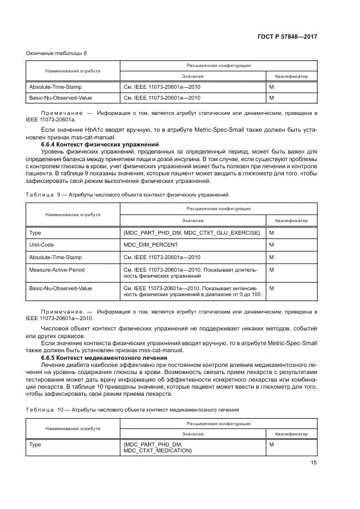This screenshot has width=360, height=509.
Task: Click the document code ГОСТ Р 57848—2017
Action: pyautogui.click(x=288, y=36)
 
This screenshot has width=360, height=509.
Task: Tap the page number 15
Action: pyautogui.click(x=313, y=463)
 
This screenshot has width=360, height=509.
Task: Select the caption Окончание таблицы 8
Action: pyautogui.click(x=57, y=53)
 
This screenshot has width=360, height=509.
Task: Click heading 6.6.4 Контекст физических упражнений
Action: pyautogui.click(x=100, y=144)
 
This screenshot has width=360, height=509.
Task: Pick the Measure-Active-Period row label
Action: pyautogui.click(x=57, y=269)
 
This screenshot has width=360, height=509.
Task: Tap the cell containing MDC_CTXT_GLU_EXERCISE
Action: pyautogui.click(x=192, y=232)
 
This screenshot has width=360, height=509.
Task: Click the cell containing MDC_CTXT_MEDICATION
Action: pyautogui.click(x=157, y=451)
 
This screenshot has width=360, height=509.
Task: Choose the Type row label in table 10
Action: pyautogui.click(x=35, y=445)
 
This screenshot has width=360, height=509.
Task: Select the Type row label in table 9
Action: pyautogui.click(x=35, y=232)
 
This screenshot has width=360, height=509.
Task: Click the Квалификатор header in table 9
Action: pyautogui.click(x=291, y=220)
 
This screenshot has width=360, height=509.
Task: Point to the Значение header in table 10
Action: pyautogui.click(x=193, y=434)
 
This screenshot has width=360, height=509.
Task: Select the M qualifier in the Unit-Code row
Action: pyautogui.click(x=271, y=244)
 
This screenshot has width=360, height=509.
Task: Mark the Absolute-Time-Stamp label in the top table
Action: pyautogui.click(x=55, y=86)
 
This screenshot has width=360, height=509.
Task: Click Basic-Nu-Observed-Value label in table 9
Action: pyautogui.click(x=60, y=287)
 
